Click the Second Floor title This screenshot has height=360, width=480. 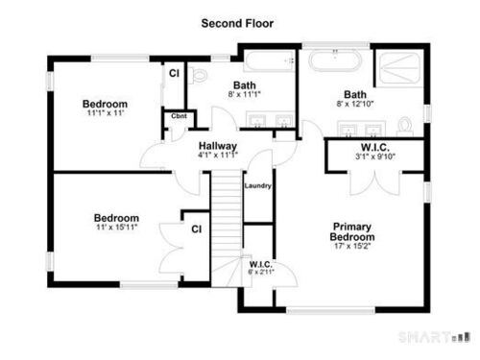pyautogui.click(x=237, y=23)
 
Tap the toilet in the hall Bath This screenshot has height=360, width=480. pyautogui.click(x=198, y=76)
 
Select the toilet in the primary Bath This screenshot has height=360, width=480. pyautogui.click(x=404, y=126)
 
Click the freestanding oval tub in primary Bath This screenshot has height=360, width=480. pyautogui.click(x=335, y=60)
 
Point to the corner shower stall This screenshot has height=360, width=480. pyautogui.click(x=400, y=68)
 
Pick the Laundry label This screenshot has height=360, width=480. pyautogui.click(x=257, y=185)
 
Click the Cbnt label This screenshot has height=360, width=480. pyautogui.click(x=179, y=116)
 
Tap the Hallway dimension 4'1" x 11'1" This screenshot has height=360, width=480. pyautogui.click(x=218, y=156)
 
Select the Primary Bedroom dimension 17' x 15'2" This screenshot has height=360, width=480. pyautogui.click(x=352, y=246)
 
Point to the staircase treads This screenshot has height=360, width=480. pyautogui.click(x=227, y=224)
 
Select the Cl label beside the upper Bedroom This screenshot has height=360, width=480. pyautogui.click(x=174, y=73)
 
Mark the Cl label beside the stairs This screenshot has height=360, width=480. pyautogui.click(x=197, y=229)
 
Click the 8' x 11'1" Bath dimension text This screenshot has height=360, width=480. pyautogui.click(x=245, y=94)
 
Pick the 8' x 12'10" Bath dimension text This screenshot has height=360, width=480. pyautogui.click(x=355, y=104)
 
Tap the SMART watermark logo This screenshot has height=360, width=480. pyautogui.click(x=434, y=337)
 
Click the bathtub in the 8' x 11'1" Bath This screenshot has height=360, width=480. pyautogui.click(x=270, y=60)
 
